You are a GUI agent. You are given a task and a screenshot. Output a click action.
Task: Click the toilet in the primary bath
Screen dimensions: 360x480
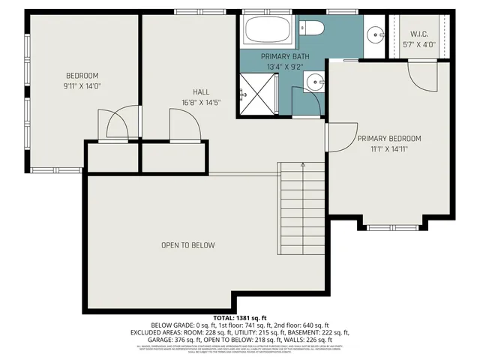click(310, 28)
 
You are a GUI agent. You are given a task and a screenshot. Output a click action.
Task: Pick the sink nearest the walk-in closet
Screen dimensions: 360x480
click(375, 34)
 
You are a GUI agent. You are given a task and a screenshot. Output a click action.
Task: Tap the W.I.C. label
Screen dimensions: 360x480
click(418, 34)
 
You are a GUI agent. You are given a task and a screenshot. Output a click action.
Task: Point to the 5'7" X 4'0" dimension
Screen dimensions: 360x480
click(418, 44)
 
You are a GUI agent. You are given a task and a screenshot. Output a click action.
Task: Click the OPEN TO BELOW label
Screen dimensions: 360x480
click(188, 245)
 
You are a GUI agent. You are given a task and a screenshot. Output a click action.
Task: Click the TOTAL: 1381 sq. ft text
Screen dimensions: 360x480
click(240, 317)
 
